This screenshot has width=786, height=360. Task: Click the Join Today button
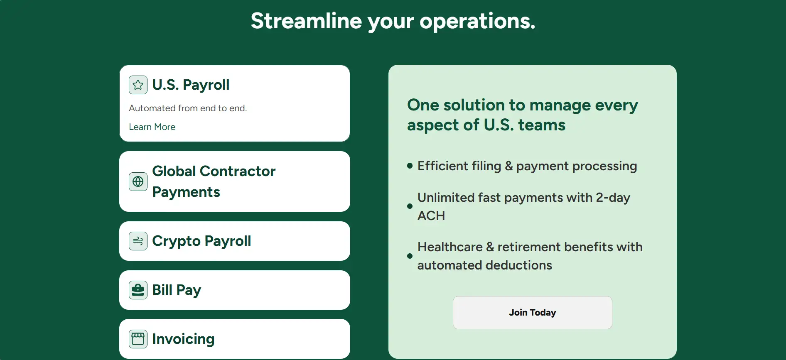pyautogui.click(x=532, y=313)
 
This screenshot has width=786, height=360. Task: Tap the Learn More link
pyautogui.click(x=152, y=127)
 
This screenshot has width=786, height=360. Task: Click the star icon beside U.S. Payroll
pyautogui.click(x=138, y=85)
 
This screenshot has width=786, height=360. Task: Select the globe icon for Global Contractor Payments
pyautogui.click(x=138, y=181)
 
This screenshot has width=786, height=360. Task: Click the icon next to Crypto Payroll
pyautogui.click(x=138, y=241)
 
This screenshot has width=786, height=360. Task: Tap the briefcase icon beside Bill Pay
pyautogui.click(x=138, y=290)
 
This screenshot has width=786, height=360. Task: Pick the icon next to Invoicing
pyautogui.click(x=138, y=339)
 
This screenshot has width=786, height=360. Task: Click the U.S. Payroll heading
pyautogui.click(x=191, y=85)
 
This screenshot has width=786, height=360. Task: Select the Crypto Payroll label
pyautogui.click(x=201, y=241)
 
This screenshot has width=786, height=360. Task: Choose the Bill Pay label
pyautogui.click(x=177, y=290)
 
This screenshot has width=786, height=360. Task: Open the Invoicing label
pyautogui.click(x=183, y=339)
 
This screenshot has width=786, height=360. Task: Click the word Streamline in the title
pyautogui.click(x=306, y=21)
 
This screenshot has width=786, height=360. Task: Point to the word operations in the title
pyautogui.click(x=477, y=22)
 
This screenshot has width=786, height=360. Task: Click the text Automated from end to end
pyautogui.click(x=188, y=108)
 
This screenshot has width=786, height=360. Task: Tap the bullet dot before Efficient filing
pyautogui.click(x=410, y=166)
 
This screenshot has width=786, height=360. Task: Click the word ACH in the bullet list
pyautogui.click(x=431, y=216)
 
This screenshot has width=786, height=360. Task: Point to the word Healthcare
pyautogui.click(x=450, y=247)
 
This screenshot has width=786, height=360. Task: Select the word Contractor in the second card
pyautogui.click(x=237, y=171)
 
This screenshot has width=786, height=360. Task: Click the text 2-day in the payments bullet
pyautogui.click(x=613, y=198)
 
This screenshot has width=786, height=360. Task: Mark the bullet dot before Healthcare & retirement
pyautogui.click(x=410, y=256)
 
